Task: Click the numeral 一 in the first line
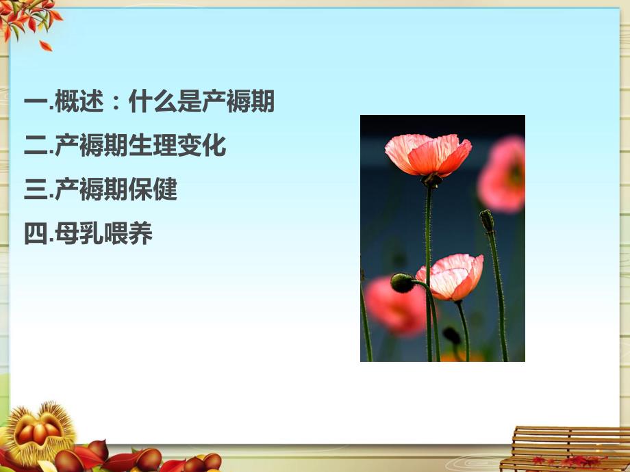35,103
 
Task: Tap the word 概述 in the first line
79,103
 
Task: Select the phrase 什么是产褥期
201,103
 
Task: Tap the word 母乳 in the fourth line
79,234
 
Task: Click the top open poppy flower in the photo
428,154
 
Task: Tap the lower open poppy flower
451,276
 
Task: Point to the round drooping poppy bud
402,283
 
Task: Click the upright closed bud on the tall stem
487,220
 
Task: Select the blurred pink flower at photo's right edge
503,174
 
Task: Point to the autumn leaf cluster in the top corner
27,21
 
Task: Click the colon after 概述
116,104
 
